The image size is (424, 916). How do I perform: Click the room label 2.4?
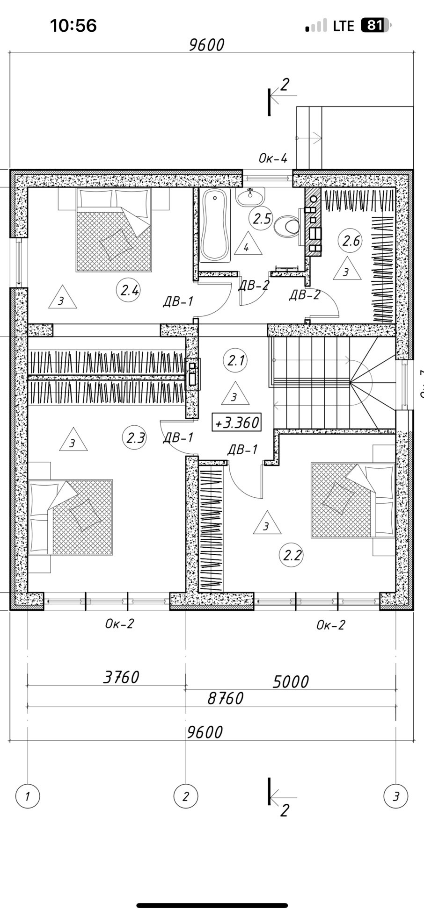[x=129, y=290]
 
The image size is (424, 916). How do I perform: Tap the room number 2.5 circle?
[x=261, y=218]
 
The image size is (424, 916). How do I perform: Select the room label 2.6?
[x=351, y=241]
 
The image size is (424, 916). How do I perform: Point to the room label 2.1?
[x=235, y=361]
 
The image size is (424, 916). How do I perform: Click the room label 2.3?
[x=135, y=438]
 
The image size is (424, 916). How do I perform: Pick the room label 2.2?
[x=292, y=556]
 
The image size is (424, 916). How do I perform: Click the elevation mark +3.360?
[x=236, y=422]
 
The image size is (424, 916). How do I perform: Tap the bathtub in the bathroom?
[x=215, y=225]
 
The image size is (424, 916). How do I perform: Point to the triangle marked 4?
[x=247, y=246]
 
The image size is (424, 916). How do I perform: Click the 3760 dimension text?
[x=121, y=677]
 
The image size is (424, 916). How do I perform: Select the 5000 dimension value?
[x=291, y=682]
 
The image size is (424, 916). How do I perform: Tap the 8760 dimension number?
[x=226, y=699]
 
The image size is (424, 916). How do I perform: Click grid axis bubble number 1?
[x=28, y=796]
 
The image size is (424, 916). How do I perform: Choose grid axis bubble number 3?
[x=396, y=796]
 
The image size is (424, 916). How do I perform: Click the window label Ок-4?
[x=273, y=158]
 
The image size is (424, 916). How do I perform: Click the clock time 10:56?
[x=73, y=25]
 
